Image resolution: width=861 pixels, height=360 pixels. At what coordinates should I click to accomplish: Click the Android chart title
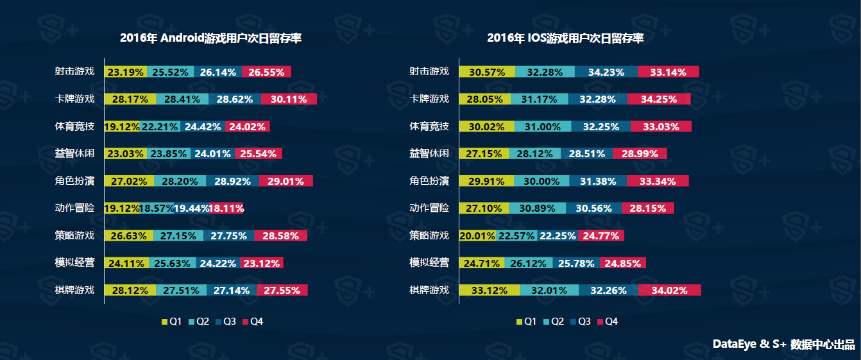[210, 39]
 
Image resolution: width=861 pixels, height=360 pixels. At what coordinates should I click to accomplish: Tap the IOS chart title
[565, 39]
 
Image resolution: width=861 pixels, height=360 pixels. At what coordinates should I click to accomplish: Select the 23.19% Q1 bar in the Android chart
[126, 72]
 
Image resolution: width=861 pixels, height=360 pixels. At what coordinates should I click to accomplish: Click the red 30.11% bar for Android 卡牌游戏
[289, 99]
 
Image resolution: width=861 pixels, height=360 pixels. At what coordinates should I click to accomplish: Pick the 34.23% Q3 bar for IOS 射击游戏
[606, 72]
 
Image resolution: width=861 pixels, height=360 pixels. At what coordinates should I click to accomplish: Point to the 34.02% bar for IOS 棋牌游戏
[669, 290]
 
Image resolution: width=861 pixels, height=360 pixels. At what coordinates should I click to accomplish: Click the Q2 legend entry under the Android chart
[198, 321]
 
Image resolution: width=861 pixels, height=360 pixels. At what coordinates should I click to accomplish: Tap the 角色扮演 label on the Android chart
[74, 181]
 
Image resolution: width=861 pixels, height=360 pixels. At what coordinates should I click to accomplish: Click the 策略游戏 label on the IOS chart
[429, 236]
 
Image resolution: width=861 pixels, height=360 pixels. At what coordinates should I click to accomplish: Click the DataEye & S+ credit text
[783, 345]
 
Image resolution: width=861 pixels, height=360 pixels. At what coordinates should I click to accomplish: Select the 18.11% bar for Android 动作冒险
[226, 209]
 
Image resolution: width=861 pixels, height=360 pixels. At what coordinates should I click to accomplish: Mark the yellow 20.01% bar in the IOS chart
[477, 236]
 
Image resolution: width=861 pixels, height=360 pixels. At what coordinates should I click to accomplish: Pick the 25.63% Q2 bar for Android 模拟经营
[171, 263]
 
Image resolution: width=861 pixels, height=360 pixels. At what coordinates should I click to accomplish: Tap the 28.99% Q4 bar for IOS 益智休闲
[640, 154]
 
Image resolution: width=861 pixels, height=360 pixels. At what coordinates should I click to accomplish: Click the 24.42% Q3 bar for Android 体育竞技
[203, 126]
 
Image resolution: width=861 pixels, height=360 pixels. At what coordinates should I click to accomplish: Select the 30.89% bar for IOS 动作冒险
[537, 209]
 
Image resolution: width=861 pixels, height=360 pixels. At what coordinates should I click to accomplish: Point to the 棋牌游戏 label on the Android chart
[74, 290]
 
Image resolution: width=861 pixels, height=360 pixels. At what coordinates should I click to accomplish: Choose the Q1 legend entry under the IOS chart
[526, 321]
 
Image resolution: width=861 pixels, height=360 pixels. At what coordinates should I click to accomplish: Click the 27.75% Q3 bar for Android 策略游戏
[228, 236]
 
